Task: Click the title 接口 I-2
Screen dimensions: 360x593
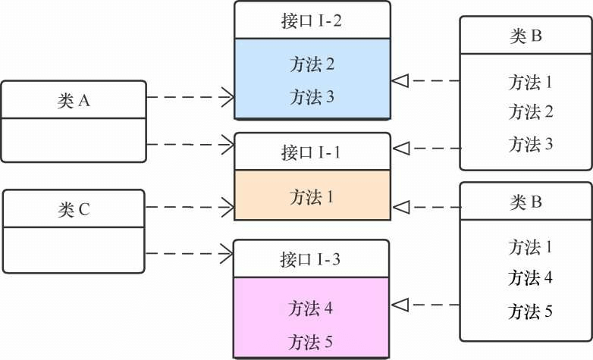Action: (x=311, y=20)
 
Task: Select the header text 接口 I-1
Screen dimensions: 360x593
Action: (x=311, y=152)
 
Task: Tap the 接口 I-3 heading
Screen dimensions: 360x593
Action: (x=311, y=259)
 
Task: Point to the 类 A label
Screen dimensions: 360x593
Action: (x=74, y=101)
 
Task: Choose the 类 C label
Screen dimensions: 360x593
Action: (x=74, y=209)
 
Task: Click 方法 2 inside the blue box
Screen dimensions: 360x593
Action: (x=312, y=64)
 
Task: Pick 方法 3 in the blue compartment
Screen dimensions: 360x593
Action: (x=312, y=97)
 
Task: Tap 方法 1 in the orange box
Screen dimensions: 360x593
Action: (x=312, y=197)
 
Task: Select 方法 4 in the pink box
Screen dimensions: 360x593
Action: (x=311, y=308)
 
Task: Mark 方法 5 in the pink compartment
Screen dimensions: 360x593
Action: (x=311, y=341)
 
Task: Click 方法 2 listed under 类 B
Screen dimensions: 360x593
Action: (x=530, y=113)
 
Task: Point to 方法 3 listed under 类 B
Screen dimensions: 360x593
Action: (x=530, y=144)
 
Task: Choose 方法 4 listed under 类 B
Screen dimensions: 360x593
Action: (x=530, y=277)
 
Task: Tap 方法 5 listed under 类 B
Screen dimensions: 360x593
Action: (x=530, y=311)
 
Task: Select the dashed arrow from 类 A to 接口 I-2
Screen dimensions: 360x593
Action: (x=190, y=97)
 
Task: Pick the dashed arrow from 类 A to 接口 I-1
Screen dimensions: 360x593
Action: (x=190, y=143)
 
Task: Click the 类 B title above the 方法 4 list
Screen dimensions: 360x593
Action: (x=526, y=202)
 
